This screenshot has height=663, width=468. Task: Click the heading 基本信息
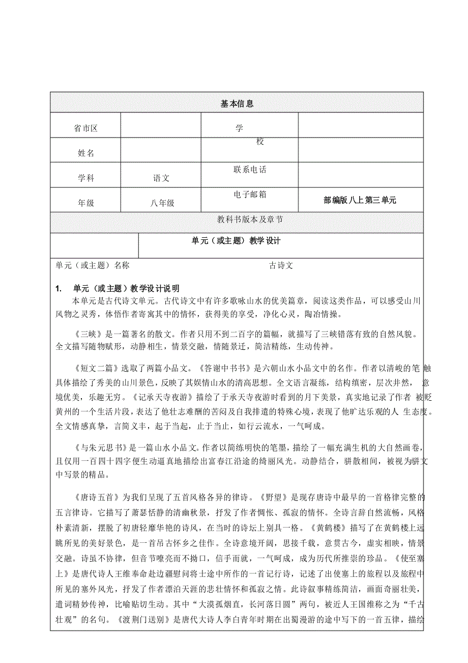237,104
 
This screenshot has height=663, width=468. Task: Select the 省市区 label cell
85,129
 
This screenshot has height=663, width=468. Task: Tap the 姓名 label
85,153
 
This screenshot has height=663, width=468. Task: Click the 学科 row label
85,178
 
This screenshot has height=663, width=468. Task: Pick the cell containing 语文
162,178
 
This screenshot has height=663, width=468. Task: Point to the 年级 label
85,203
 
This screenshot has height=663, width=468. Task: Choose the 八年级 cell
162,203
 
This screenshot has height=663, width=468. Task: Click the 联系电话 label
250,170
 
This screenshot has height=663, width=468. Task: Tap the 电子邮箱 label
250,194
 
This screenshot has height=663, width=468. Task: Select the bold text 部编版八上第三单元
360,201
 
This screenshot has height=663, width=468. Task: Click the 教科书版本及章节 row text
250,219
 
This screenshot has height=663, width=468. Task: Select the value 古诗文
281,265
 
